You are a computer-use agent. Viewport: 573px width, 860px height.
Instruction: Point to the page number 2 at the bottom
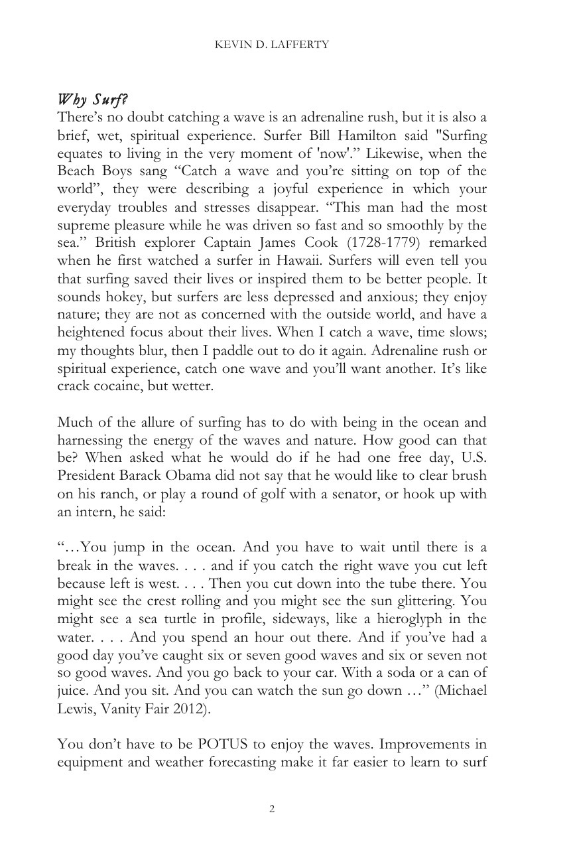272,808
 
